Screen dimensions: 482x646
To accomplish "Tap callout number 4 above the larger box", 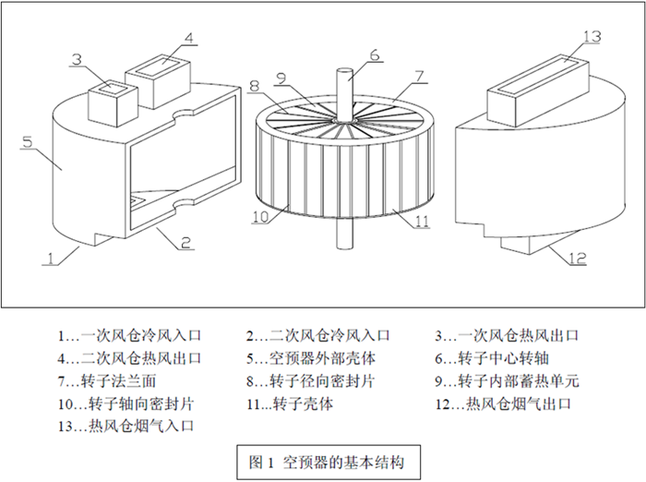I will [x=188, y=38].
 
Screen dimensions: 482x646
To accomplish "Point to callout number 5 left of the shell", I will [x=28, y=142].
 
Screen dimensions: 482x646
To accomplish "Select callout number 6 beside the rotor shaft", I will [x=374, y=54].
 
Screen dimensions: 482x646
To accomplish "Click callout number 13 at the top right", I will [x=592, y=36].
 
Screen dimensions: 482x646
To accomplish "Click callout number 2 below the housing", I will [x=185, y=243].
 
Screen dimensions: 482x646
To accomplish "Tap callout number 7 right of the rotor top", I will [x=418, y=74].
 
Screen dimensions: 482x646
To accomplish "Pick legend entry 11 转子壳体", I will [x=291, y=404].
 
